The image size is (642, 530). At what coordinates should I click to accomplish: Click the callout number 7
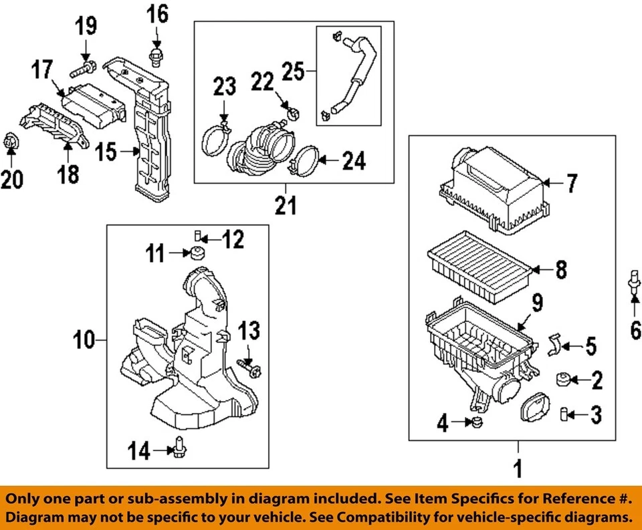(x=570, y=184)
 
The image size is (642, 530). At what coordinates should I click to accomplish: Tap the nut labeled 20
(x=11, y=142)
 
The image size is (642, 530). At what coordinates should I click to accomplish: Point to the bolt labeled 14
(x=179, y=446)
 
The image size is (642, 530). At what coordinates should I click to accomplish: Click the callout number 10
(x=85, y=341)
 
